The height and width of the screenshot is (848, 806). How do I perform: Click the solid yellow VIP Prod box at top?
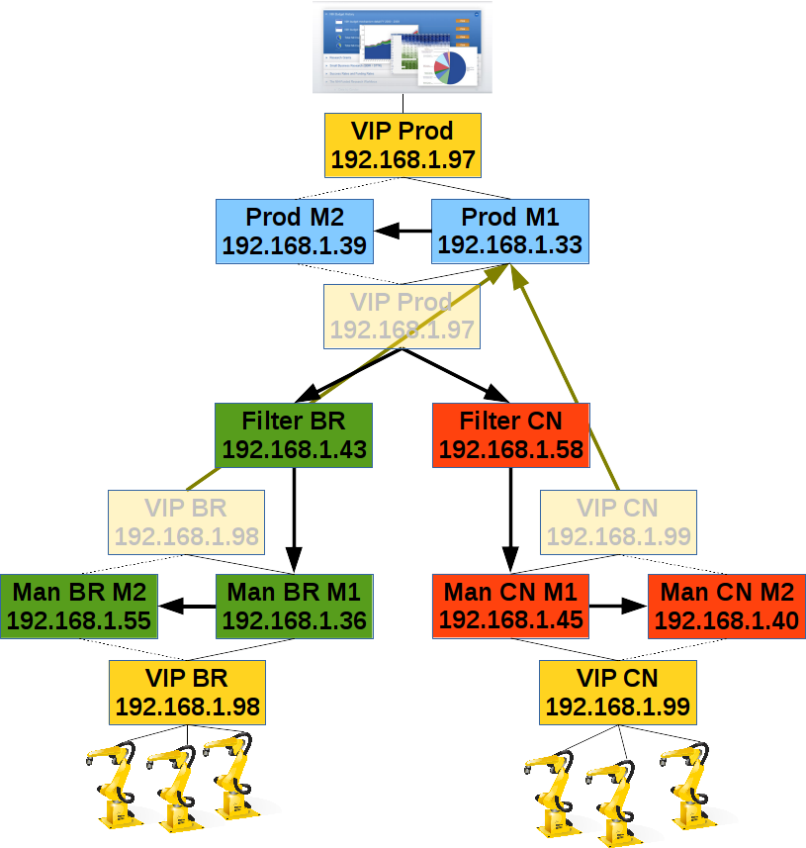pyautogui.click(x=403, y=145)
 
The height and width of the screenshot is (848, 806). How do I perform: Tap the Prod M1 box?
pyautogui.click(x=509, y=232)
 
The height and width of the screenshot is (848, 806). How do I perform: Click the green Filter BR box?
pyautogui.click(x=294, y=435)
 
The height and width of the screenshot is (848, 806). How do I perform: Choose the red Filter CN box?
pyautogui.click(x=510, y=435)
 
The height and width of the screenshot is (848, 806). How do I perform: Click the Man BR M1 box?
pyautogui.click(x=294, y=607)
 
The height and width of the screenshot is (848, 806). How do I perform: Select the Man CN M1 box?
pyautogui.click(x=510, y=607)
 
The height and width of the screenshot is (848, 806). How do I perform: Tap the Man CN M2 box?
pyautogui.click(x=726, y=607)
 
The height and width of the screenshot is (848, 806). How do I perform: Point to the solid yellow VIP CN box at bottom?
pyautogui.click(x=618, y=693)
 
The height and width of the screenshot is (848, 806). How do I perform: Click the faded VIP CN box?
pyautogui.click(x=618, y=522)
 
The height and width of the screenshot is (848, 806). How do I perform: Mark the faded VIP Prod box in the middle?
pyautogui.click(x=403, y=316)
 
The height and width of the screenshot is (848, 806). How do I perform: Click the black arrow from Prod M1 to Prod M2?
pyautogui.click(x=403, y=232)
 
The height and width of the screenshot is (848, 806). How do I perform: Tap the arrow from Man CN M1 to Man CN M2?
pyautogui.click(x=618, y=607)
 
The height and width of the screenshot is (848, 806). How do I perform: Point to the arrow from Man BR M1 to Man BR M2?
pyautogui.click(x=187, y=607)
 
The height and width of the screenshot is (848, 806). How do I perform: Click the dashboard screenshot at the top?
pyautogui.click(x=403, y=50)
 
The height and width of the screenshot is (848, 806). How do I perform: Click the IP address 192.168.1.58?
pyautogui.click(x=510, y=449)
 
